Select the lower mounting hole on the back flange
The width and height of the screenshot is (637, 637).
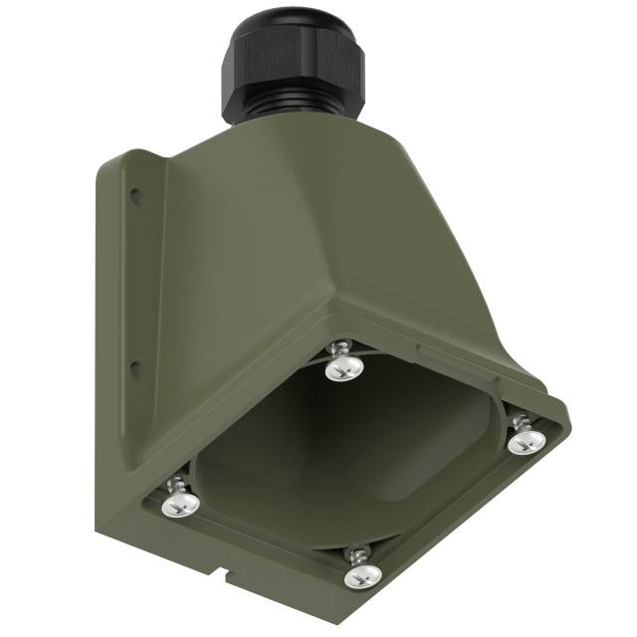tap(136, 370)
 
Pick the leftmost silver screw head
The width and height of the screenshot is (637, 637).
tap(179, 505)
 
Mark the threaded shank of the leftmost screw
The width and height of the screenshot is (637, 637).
tap(175, 486)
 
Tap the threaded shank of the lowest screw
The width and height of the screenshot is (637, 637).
tap(355, 552)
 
